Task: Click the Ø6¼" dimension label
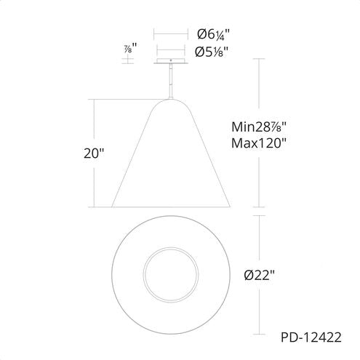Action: (x=213, y=34)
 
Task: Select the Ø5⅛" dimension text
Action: (x=212, y=52)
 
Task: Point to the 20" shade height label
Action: (x=94, y=153)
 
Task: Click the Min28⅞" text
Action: (x=259, y=127)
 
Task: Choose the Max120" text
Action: (x=259, y=143)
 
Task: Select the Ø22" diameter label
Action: (x=260, y=275)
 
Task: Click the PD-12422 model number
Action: (x=311, y=337)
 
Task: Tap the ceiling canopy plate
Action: (x=171, y=61)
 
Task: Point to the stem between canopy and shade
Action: (x=171, y=81)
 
